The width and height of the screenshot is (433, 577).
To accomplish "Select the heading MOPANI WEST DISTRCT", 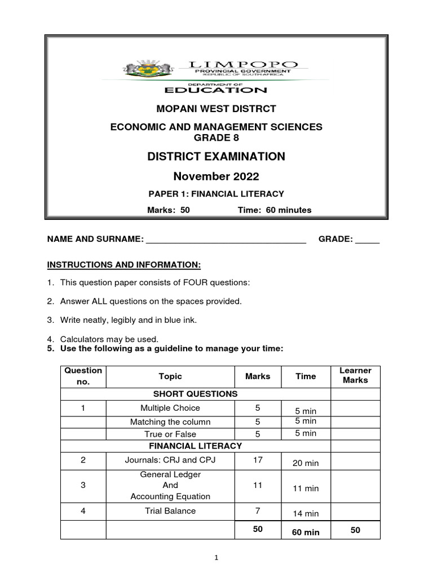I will click(x=216, y=108).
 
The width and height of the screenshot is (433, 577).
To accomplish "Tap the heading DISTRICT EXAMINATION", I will click(x=216, y=156).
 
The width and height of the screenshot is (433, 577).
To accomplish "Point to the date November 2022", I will click(x=216, y=176).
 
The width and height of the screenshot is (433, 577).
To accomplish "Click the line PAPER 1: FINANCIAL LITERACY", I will click(x=216, y=194).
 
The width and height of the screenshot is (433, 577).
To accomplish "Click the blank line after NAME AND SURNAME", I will click(x=226, y=239).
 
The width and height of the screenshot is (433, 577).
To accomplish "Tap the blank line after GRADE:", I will click(x=367, y=239).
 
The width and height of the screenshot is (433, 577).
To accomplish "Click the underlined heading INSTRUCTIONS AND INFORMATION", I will click(x=123, y=264).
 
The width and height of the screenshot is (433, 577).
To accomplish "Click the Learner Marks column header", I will click(x=355, y=375).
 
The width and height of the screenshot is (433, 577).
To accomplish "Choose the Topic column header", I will click(x=170, y=376).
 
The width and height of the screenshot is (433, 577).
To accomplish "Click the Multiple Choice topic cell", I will click(x=170, y=408).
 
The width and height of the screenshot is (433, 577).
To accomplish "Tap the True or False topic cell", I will click(x=170, y=434).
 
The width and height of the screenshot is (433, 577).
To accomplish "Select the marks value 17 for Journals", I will click(x=258, y=460).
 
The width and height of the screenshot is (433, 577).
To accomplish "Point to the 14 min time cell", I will click(x=306, y=513).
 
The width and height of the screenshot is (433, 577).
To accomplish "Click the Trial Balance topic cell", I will click(x=170, y=511).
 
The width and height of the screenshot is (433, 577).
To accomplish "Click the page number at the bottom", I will click(x=216, y=558).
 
